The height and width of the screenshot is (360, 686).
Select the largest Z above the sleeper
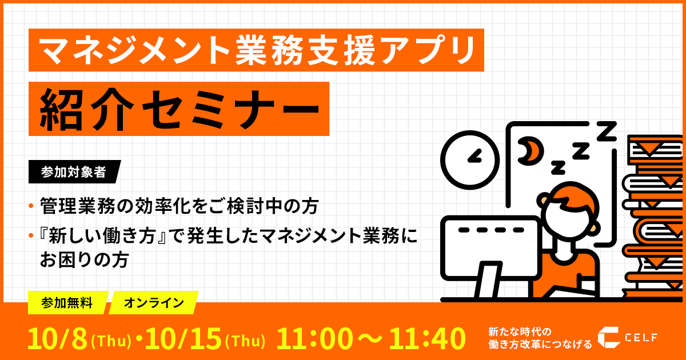pos(607,131)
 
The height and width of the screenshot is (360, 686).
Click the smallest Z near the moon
pos(558,167)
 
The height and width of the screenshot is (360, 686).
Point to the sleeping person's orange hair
pos(572,198)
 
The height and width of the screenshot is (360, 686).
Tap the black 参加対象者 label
pos(74,172)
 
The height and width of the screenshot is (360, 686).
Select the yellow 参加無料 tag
pos(67,303)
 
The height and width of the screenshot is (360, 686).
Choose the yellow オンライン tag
pos(154,303)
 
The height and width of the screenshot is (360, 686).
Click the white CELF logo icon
pos(609,337)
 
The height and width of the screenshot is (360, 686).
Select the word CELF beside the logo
pos(641,338)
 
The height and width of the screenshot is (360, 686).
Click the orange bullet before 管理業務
pos(31,206)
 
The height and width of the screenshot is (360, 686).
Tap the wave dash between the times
pos(370,338)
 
